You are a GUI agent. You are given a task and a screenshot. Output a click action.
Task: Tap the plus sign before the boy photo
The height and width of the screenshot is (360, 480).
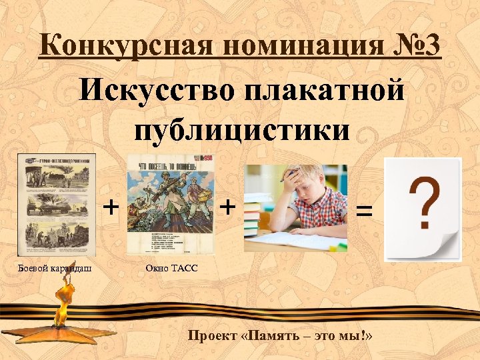tap(227, 206)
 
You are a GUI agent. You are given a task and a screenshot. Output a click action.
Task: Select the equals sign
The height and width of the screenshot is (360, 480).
tap(363, 212)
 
